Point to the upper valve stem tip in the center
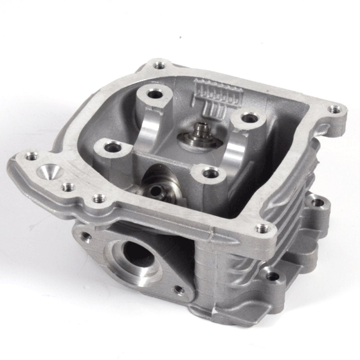tap(199, 129)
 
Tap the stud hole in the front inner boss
tap(208, 174)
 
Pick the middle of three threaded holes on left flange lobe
tap(66, 186)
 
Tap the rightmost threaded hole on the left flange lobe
tap(96, 198)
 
